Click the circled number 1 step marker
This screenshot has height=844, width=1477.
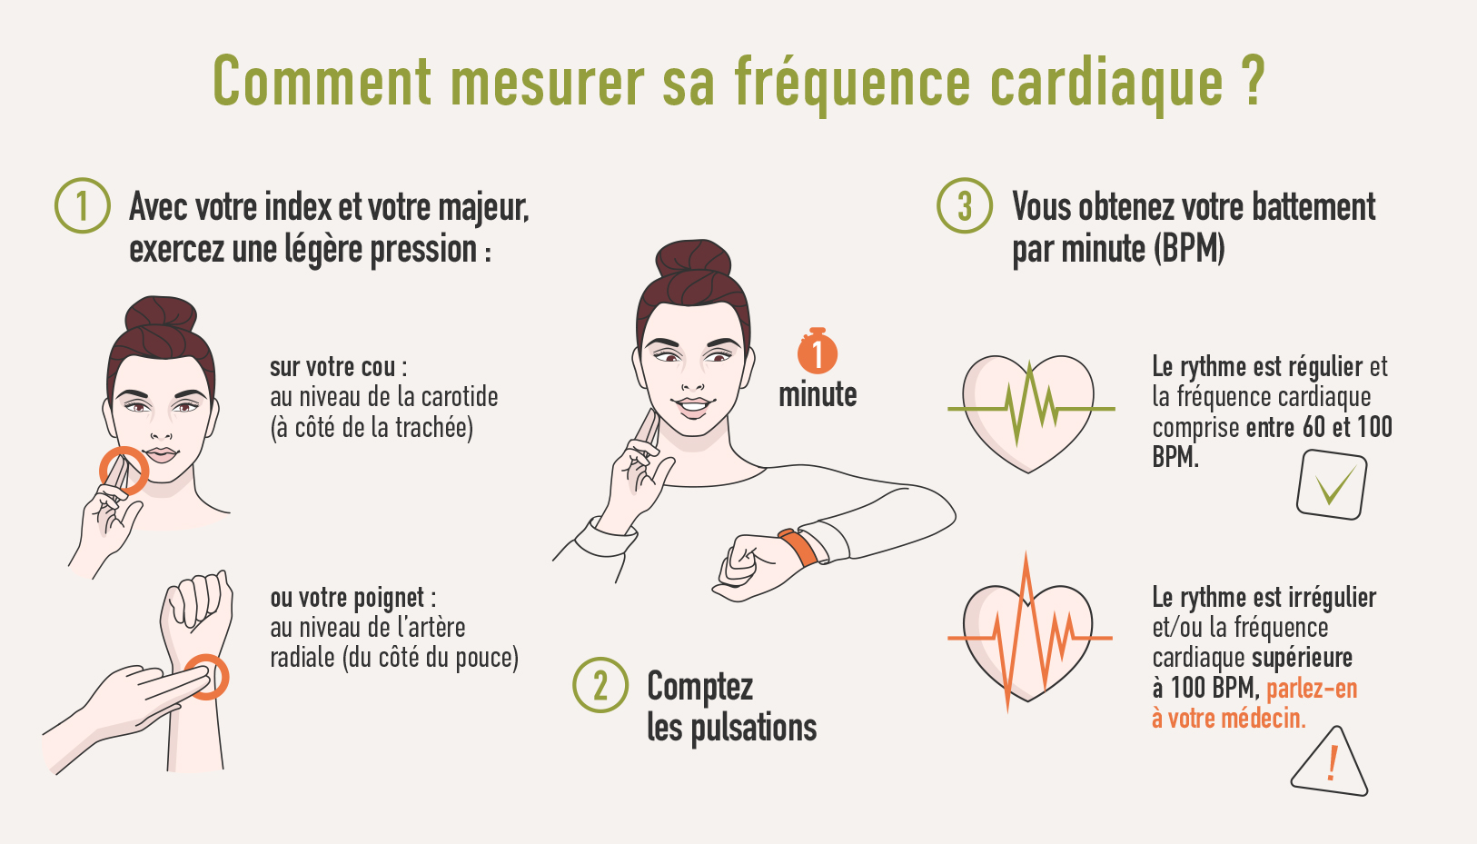coord(83,205)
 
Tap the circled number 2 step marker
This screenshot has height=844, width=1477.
coord(600,684)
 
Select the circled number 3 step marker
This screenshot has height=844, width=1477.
coord(965,205)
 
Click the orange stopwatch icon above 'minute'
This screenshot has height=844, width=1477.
coord(818,351)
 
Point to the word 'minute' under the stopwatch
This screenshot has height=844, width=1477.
coord(818,395)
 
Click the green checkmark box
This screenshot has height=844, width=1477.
coord(1332,484)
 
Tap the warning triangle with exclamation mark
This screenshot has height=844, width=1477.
coord(1330,761)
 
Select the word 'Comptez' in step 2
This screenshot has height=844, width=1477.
coord(699,688)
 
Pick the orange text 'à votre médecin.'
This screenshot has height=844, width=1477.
coord(1228,718)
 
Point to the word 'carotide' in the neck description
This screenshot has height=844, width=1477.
coord(460,397)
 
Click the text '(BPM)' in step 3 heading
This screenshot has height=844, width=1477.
coord(1189,249)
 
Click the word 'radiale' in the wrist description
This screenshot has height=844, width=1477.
coord(302,658)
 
